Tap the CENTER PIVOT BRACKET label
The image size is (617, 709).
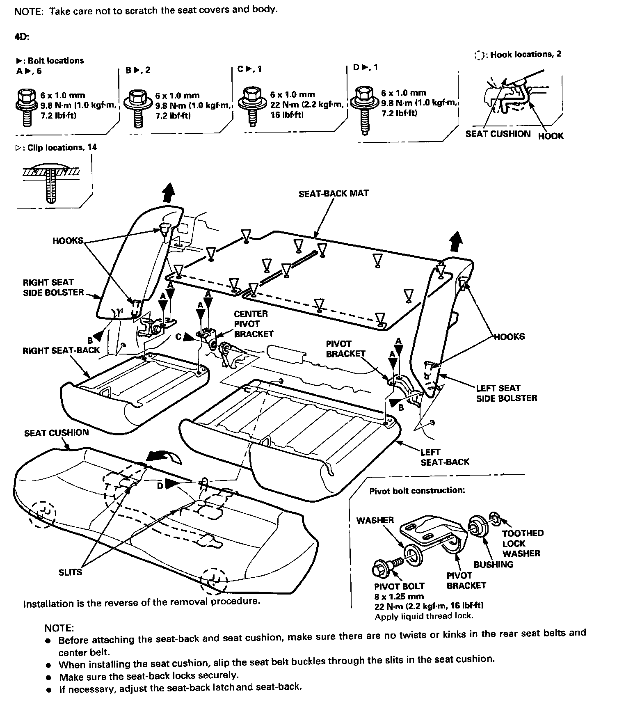coord(253,324)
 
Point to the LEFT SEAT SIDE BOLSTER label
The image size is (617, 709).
coord(506,393)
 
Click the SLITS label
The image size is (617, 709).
coord(70,572)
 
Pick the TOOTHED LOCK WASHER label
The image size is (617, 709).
coord(522,543)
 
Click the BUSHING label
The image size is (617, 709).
coord(493,564)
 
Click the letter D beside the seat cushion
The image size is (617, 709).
coord(160,485)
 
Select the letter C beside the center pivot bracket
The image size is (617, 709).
coord(178,337)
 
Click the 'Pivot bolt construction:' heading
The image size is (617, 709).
coord(417,490)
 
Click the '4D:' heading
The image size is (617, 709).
coord(22,37)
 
